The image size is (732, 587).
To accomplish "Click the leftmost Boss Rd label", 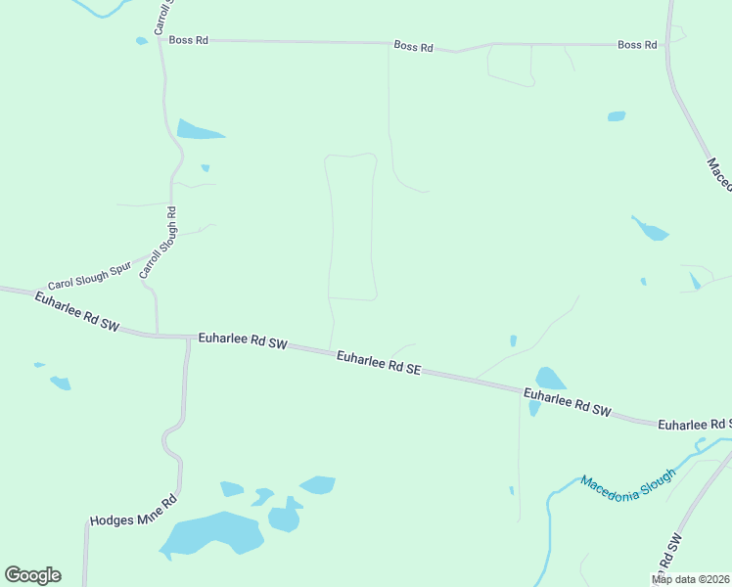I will (x=188, y=40).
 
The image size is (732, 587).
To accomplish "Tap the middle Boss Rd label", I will (x=413, y=46).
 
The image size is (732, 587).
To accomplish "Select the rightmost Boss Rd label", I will (x=636, y=45).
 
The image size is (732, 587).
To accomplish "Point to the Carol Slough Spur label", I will (x=89, y=279).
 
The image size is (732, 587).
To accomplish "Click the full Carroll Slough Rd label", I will (x=157, y=243).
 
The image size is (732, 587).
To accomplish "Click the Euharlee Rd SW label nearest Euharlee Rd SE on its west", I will (x=243, y=341).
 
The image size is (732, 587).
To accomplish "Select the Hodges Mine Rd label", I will (x=132, y=510).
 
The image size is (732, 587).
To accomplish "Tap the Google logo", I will (x=32, y=575).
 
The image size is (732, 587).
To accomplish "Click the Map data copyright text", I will (x=691, y=579).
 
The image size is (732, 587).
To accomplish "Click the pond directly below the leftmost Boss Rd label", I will (x=199, y=130).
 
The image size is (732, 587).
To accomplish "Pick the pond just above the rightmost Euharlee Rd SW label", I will (x=550, y=379).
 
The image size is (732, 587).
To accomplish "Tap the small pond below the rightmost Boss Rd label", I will (x=616, y=116).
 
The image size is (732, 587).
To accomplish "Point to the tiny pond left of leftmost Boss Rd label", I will (x=142, y=41).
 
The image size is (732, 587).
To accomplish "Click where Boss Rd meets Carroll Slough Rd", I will (x=160, y=40).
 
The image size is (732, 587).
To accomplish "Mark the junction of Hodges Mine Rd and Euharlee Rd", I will (x=187, y=337).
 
